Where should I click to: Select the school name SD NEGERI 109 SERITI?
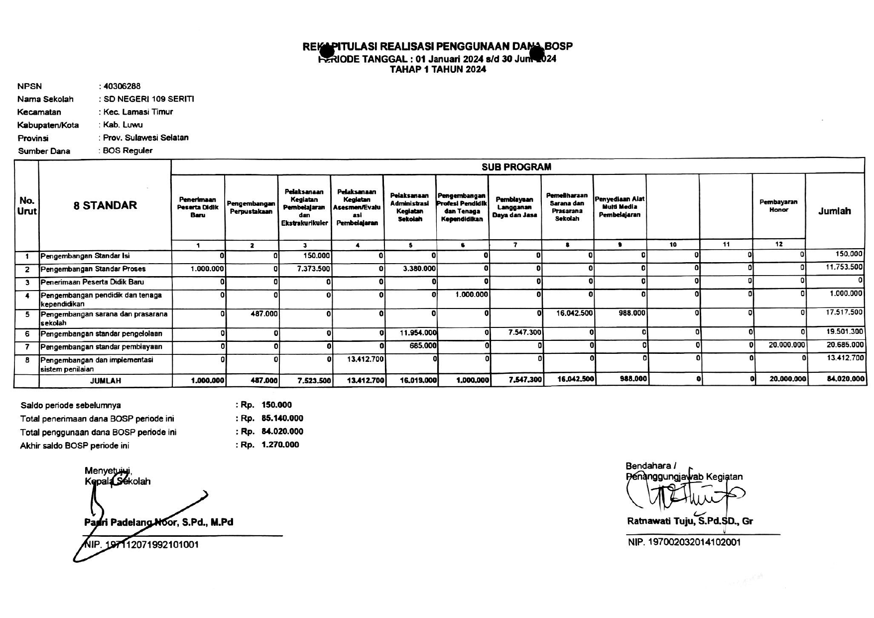148,99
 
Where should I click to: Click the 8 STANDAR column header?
105,205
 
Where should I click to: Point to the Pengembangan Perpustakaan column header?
251,207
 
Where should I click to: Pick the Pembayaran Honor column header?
778,206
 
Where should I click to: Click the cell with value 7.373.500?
313,269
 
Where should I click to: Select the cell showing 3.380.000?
419,269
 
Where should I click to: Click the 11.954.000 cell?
419,332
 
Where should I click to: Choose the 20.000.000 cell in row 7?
786,345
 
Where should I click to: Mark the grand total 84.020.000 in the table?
845,379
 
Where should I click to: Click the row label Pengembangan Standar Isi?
85,256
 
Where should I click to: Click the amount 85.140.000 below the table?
282,419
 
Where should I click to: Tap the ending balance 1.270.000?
280,445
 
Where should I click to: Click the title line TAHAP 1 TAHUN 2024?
437,70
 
